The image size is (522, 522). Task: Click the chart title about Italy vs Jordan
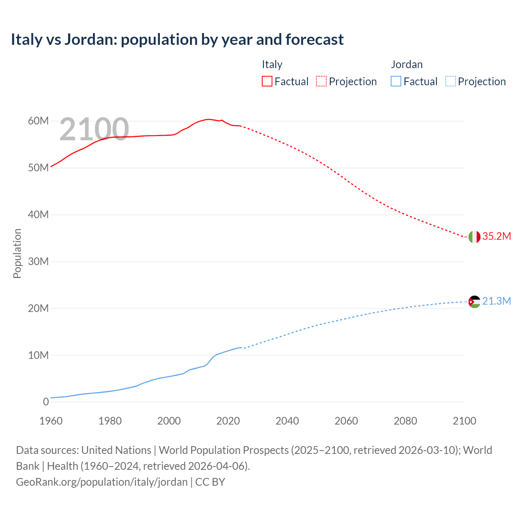[x=177, y=40]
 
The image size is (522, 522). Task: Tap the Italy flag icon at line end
[x=474, y=237]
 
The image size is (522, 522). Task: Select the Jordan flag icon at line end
[x=474, y=302]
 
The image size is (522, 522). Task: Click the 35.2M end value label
[x=496, y=237]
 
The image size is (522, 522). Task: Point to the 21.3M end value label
[x=496, y=301]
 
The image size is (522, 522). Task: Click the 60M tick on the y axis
[x=38, y=121]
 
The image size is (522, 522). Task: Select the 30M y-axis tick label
[x=38, y=261]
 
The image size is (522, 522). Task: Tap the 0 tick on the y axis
[x=46, y=402]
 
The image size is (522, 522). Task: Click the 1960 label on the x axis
[x=51, y=421]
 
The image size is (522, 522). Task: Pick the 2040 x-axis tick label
[x=287, y=421]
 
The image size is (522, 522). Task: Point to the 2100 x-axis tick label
[x=464, y=421]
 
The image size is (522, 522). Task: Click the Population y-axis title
[x=17, y=253]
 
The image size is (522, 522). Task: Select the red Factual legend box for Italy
[x=267, y=82]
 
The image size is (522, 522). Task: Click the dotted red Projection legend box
[x=321, y=82]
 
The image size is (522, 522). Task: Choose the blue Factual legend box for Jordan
[x=396, y=82]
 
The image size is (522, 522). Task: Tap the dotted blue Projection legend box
[x=451, y=82]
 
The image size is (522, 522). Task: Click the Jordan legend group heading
[x=407, y=64]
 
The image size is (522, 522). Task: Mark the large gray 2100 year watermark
[x=94, y=130]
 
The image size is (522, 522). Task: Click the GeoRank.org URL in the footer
[x=102, y=482]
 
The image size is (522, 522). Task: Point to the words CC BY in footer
[x=210, y=482]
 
